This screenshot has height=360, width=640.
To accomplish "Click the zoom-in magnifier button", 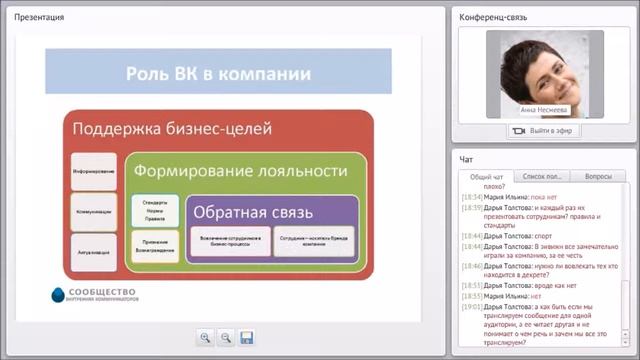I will tap(205, 338).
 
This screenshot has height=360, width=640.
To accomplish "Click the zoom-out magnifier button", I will tap(226, 338).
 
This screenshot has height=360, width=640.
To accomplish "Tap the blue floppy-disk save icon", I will tap(247, 338).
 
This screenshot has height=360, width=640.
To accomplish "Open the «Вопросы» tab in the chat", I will tap(597, 176).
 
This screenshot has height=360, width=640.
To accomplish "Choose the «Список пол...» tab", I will tap(542, 176).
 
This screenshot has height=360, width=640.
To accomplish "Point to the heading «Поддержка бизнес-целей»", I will tap(170, 129).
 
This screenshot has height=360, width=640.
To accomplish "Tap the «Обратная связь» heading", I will tap(253, 212).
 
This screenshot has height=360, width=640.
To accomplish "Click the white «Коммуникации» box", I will tap(93, 213).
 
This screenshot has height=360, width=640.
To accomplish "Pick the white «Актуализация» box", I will tap(93, 252).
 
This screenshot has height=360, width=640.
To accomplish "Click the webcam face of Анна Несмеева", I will tap(538, 65).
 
